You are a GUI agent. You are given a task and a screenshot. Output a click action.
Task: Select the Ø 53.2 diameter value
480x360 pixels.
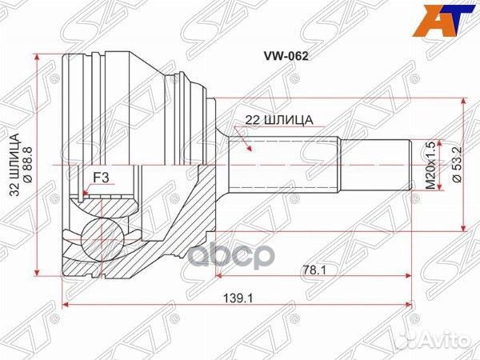point(454,165)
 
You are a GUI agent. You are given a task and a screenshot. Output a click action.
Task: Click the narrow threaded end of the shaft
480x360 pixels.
point(378,165)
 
